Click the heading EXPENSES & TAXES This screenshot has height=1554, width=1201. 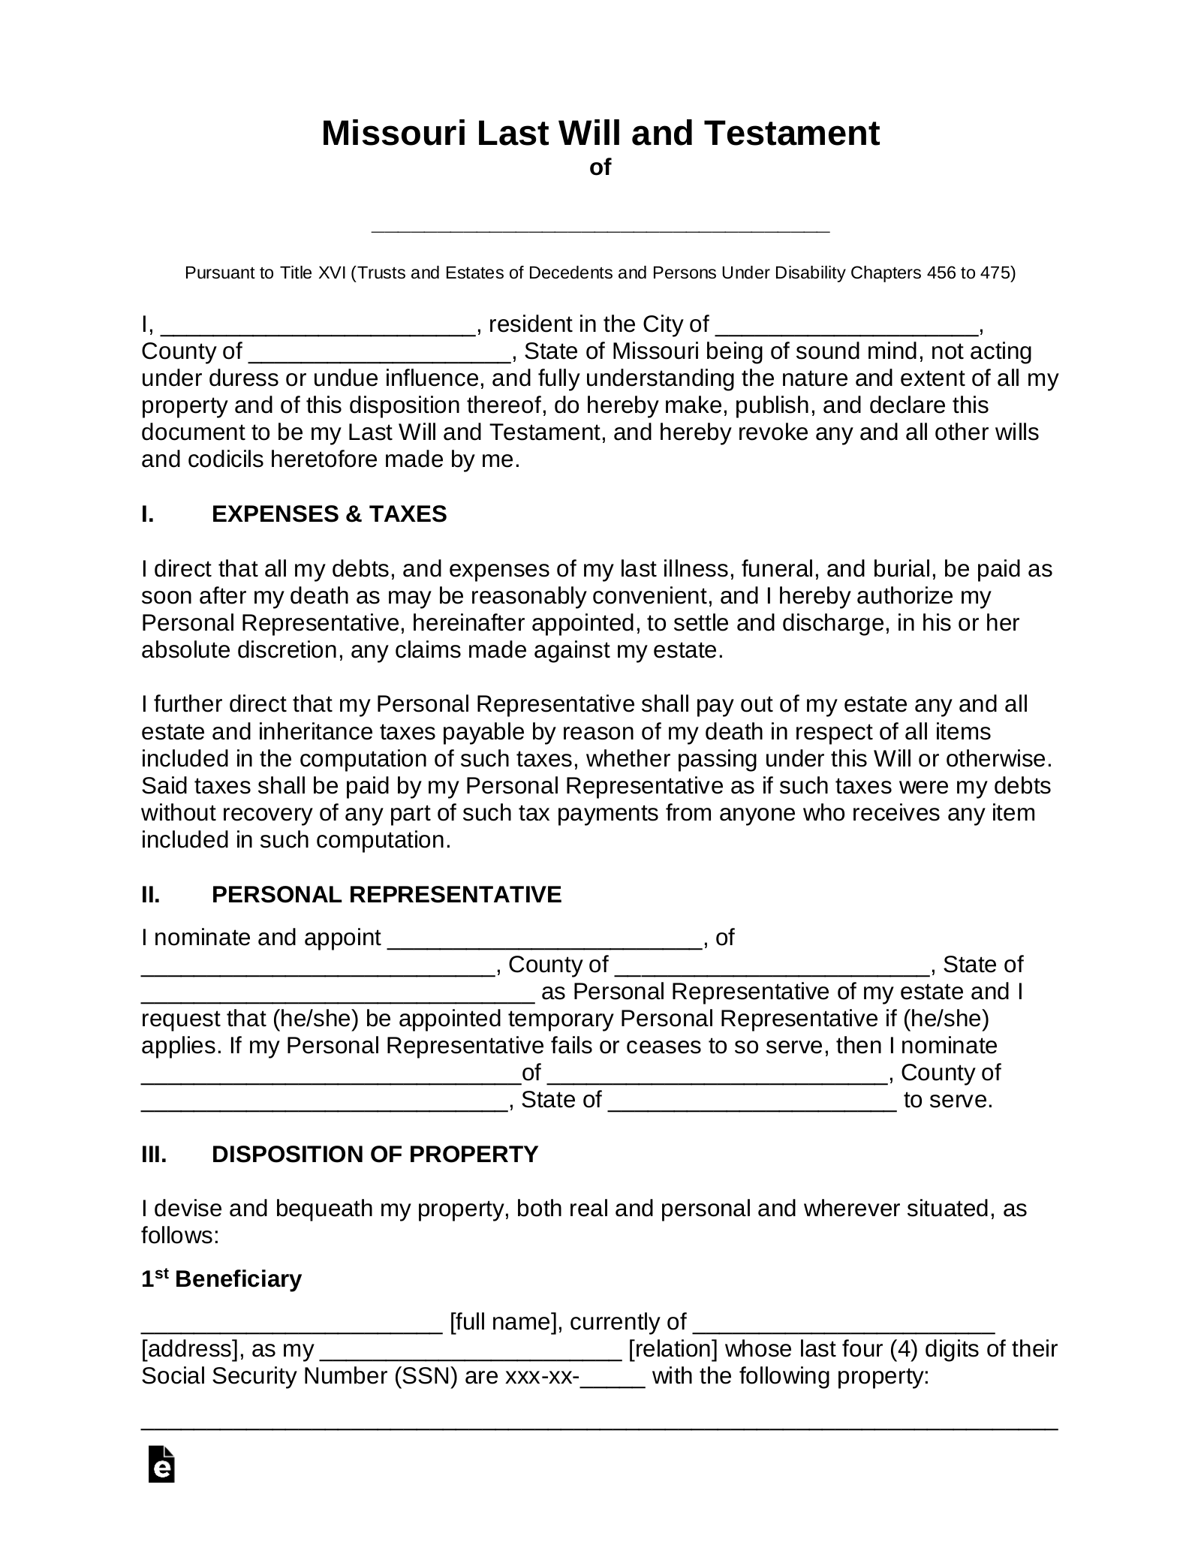(x=329, y=514)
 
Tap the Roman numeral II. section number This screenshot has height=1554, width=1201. (x=151, y=895)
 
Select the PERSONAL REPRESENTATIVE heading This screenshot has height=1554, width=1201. (x=386, y=895)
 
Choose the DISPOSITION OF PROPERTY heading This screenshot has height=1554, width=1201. (x=375, y=1154)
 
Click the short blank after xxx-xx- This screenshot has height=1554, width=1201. (x=613, y=1378)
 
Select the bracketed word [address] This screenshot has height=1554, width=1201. (x=188, y=1349)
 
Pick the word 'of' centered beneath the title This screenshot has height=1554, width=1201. (x=600, y=167)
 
